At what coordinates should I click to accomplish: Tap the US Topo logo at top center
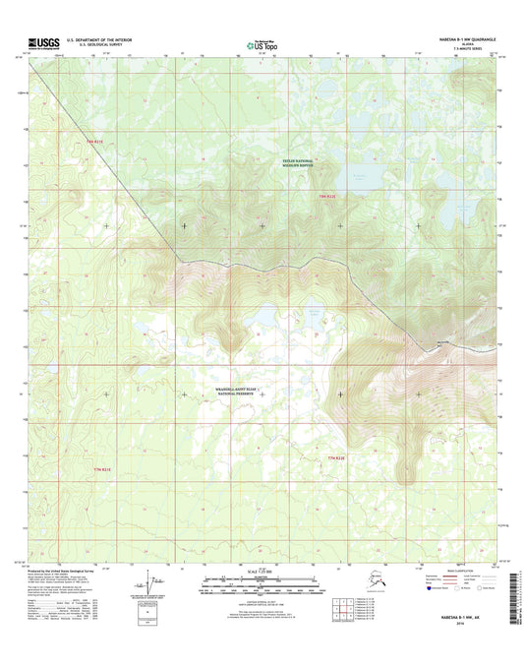pyautogui.click(x=262, y=44)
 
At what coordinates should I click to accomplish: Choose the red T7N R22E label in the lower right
pyautogui.click(x=336, y=458)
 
